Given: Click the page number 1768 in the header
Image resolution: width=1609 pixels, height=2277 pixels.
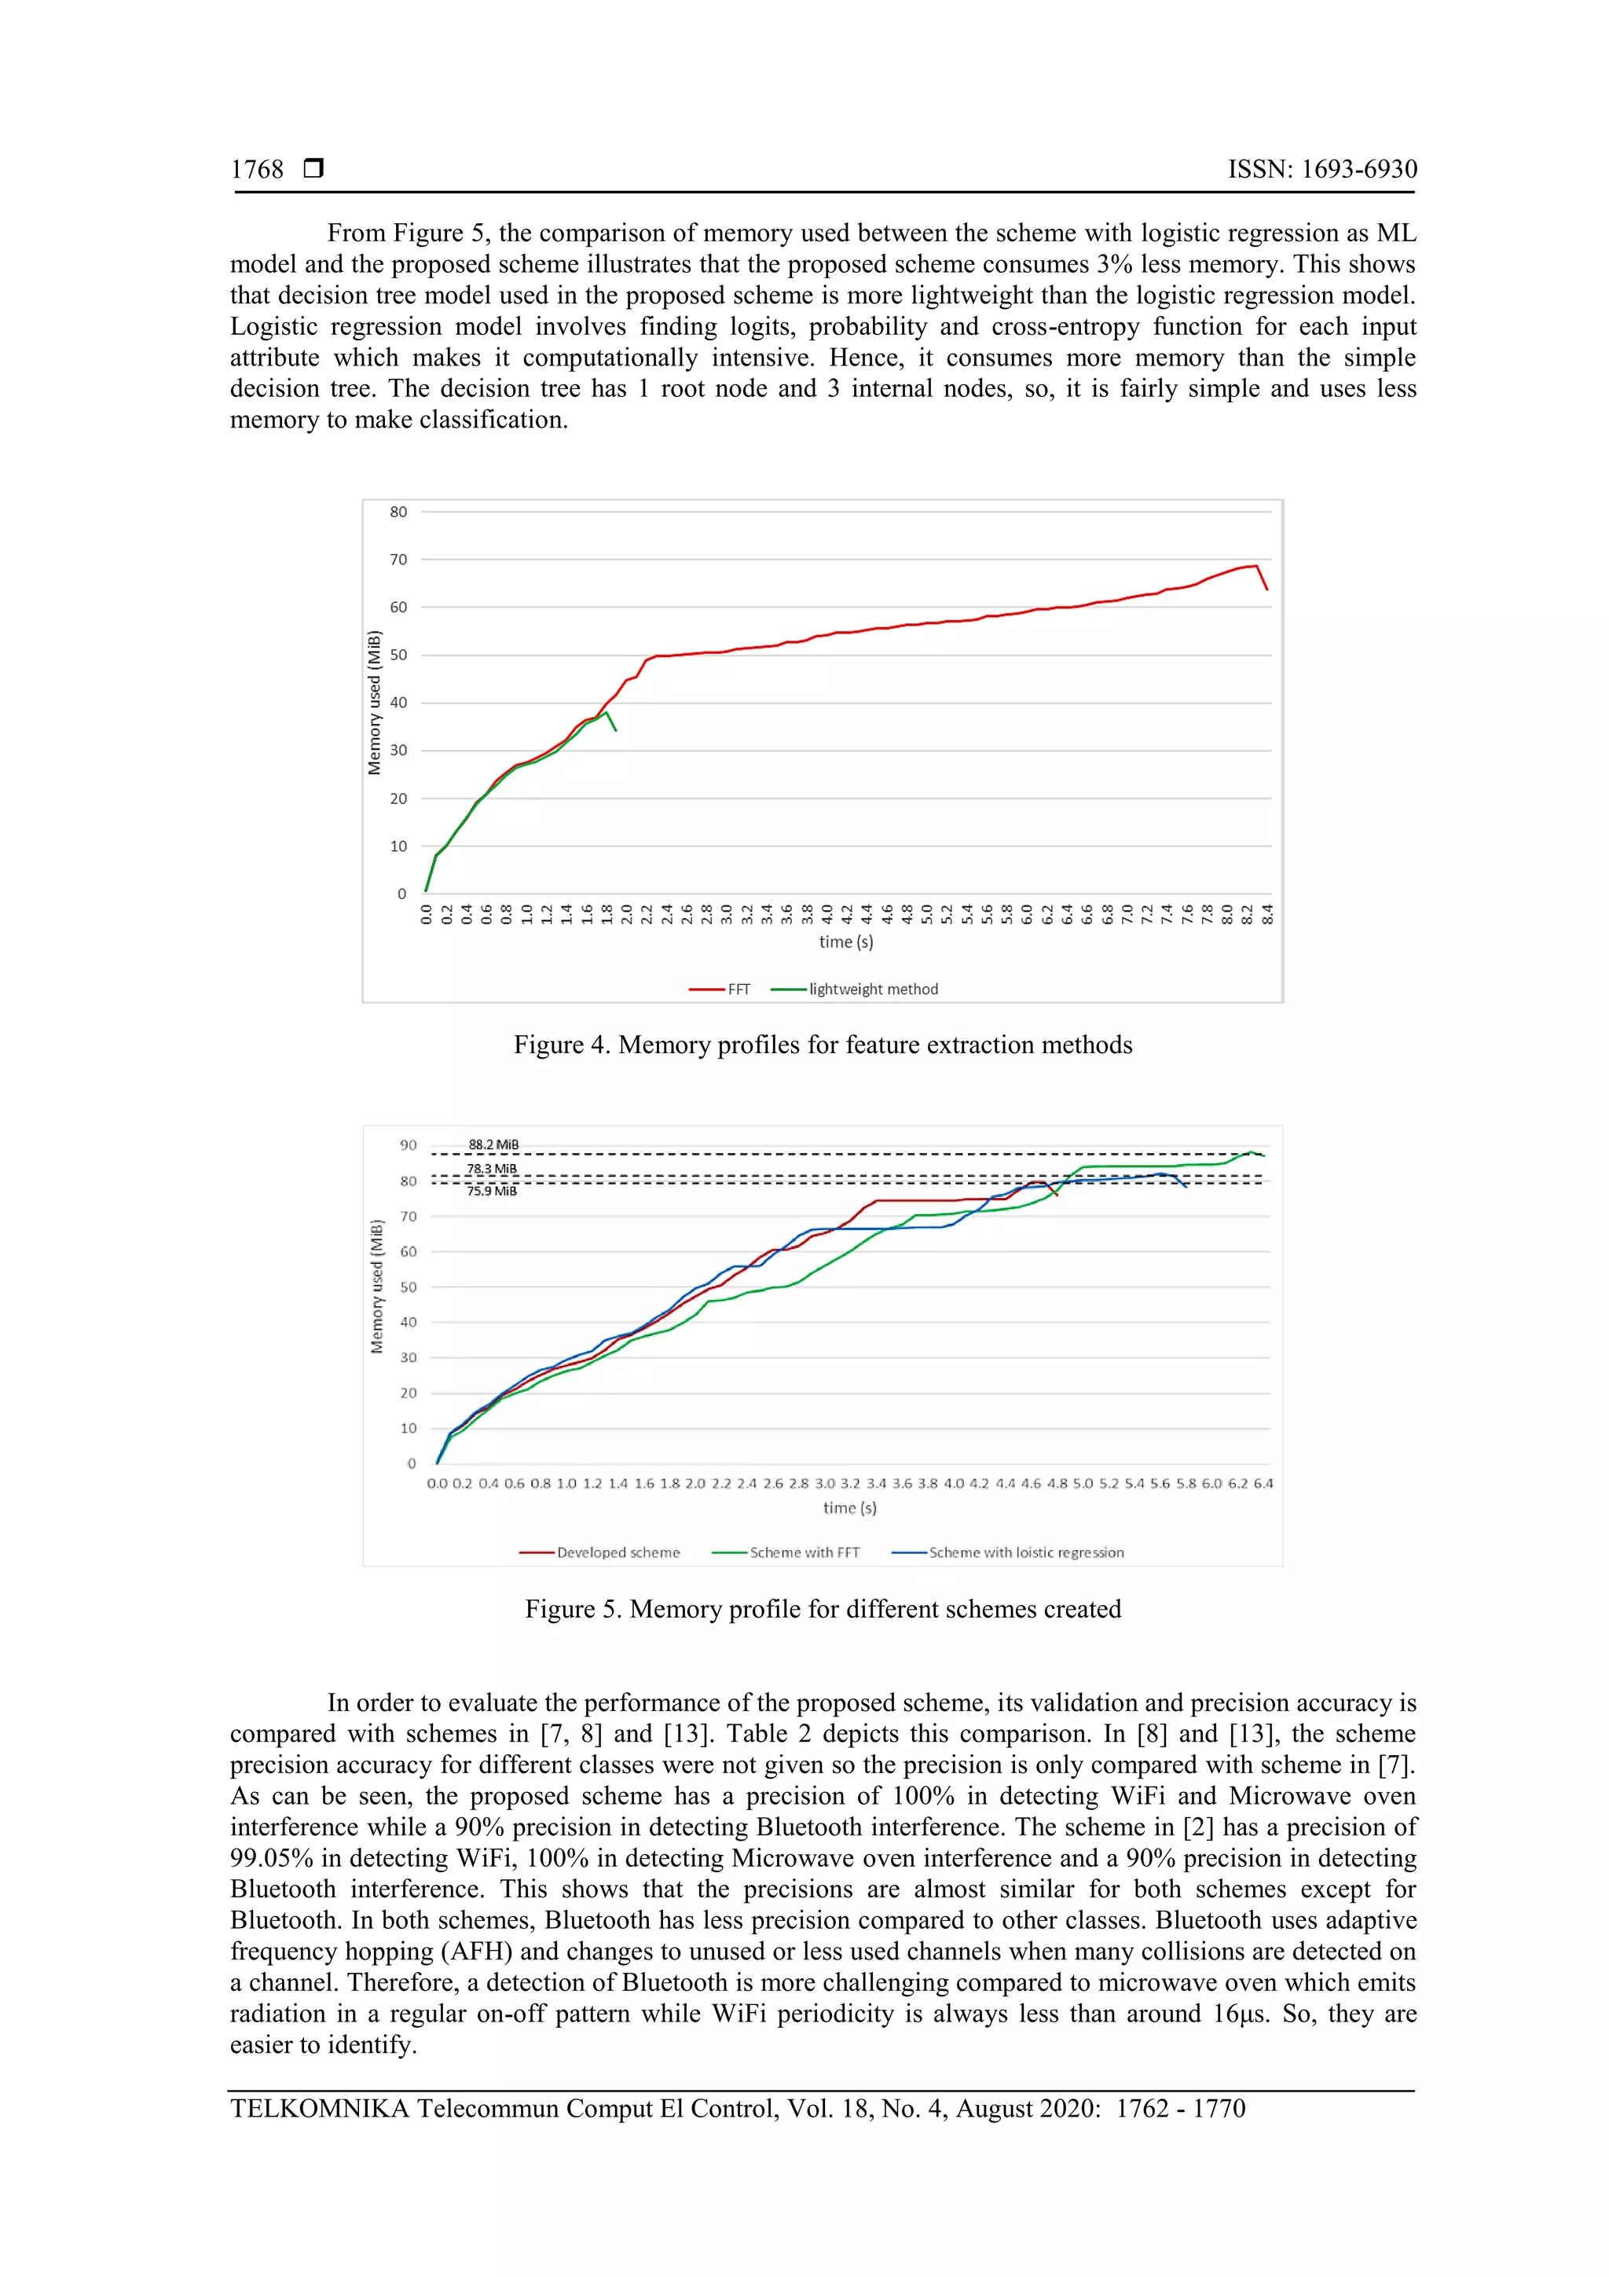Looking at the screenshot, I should (257, 170).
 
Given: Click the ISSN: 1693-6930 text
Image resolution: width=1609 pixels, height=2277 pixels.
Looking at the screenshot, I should (1321, 170).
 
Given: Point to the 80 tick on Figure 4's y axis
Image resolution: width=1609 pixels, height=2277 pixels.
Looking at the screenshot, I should (398, 512).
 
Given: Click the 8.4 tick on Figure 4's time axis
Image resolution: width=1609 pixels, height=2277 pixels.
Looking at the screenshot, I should (1268, 913).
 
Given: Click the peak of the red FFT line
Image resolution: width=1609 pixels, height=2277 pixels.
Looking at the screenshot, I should (1256, 566).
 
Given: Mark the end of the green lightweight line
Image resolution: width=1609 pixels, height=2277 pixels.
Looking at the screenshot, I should (616, 730).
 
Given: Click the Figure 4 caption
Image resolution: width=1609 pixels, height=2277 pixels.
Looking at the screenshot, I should (822, 1045).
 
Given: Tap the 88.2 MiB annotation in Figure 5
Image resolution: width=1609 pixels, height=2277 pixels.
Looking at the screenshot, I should (493, 1144).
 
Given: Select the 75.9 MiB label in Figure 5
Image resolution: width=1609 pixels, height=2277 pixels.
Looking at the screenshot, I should (492, 1191).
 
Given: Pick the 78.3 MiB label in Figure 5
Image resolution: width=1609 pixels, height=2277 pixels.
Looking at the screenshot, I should (492, 1170).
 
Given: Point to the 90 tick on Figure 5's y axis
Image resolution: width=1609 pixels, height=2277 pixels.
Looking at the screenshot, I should (409, 1145).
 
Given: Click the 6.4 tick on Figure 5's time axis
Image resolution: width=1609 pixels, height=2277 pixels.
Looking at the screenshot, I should (1263, 1484).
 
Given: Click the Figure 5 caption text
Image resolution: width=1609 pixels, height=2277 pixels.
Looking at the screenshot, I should (822, 1609).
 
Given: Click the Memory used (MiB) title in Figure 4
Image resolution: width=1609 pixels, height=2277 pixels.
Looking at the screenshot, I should (375, 702).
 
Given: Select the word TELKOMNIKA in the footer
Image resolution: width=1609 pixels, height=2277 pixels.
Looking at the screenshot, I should (319, 2109).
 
